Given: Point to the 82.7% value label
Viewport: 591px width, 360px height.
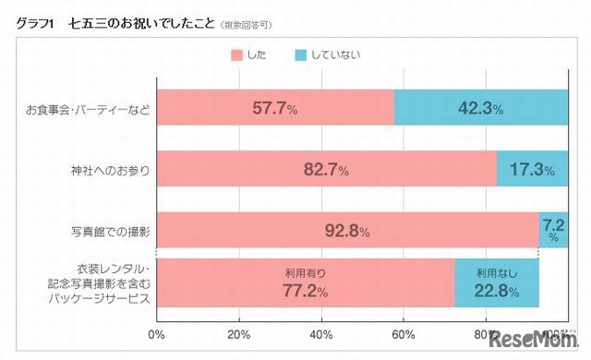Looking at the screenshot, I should click(326, 170).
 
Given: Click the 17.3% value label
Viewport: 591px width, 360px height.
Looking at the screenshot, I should click(532, 170).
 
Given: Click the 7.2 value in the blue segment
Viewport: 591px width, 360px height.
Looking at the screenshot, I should click(554, 225).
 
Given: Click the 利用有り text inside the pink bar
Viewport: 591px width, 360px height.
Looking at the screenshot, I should click(305, 273).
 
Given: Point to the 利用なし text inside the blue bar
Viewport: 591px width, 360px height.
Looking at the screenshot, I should click(497, 273).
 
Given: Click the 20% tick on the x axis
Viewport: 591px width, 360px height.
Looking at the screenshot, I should click(239, 334).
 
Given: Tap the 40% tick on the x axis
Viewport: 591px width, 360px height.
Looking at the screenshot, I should click(321, 334).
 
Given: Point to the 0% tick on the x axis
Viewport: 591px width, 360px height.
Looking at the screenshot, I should click(157, 334).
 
